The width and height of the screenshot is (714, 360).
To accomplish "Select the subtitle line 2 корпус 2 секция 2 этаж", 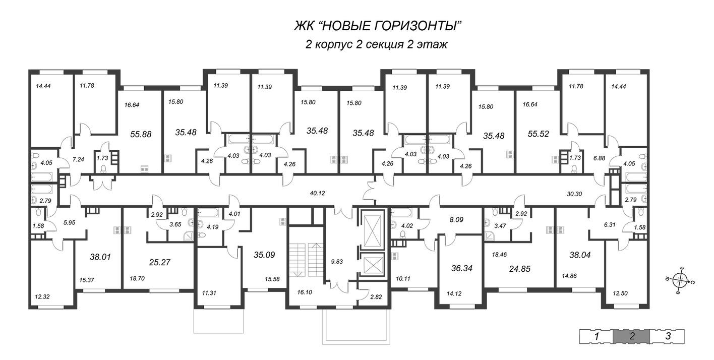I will pyautogui.click(x=377, y=45).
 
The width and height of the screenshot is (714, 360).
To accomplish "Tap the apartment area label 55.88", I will pyautogui.click(x=141, y=134).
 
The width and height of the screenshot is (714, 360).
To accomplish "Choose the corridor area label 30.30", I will pyautogui.click(x=574, y=193).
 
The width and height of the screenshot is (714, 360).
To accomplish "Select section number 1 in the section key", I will pyautogui.click(x=596, y=336).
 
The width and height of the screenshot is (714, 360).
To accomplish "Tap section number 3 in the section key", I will pyautogui.click(x=668, y=336).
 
